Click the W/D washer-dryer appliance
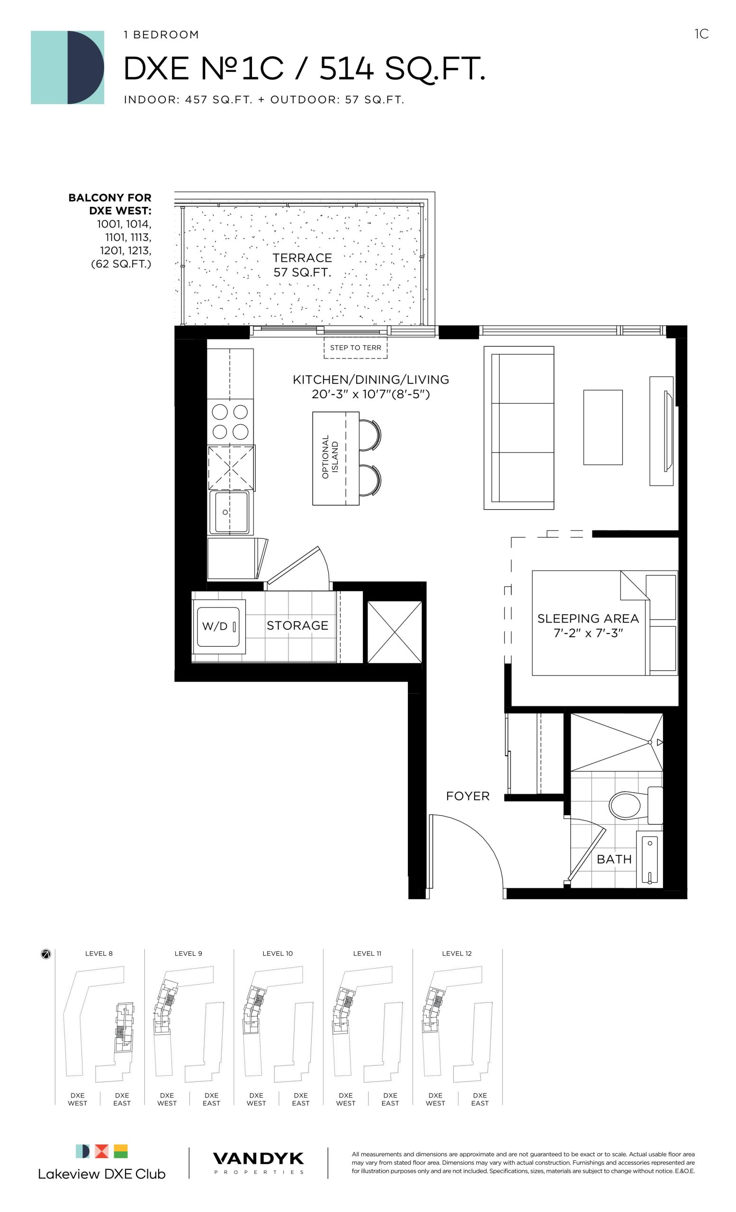(218, 626)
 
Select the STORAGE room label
(297, 626)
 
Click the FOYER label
(467, 796)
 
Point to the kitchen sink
(229, 512)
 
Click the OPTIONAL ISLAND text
(330, 457)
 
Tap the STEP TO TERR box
(355, 348)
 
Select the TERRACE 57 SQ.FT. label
(302, 265)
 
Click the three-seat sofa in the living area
(519, 428)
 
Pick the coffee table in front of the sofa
(602, 428)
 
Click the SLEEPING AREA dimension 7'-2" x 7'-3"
(588, 633)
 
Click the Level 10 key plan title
(278, 954)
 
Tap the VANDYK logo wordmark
(258, 1159)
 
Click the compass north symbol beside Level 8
(46, 954)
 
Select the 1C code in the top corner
(701, 34)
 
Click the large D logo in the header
(67, 67)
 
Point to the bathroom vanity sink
(649, 860)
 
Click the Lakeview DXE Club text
(102, 1174)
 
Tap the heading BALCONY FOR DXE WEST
(110, 204)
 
